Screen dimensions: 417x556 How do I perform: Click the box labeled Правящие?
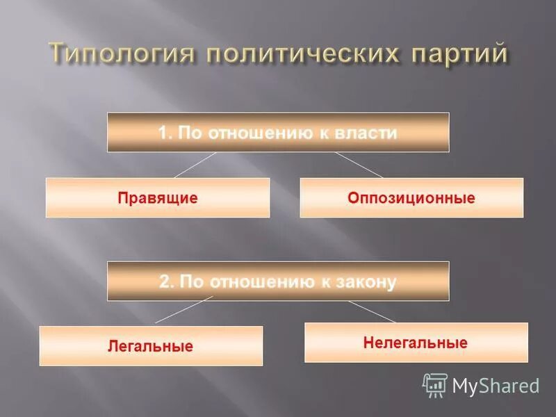pos(158,198)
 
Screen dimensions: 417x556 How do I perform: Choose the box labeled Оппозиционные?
pos(411,198)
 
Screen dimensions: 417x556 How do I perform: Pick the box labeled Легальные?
pos(151,345)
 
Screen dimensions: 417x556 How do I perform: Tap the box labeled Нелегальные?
pos(416,343)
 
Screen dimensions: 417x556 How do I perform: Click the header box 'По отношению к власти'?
pos(278,132)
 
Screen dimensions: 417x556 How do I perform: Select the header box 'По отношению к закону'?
pos(278,281)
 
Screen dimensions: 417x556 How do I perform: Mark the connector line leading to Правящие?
pos(195,165)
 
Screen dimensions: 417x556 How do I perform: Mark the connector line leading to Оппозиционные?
pos(359,165)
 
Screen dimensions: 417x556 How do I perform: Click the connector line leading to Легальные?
pos(183,309)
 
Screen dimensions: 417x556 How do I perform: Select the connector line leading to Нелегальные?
pos(372,311)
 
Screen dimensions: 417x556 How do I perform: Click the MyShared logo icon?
pos(435,385)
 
